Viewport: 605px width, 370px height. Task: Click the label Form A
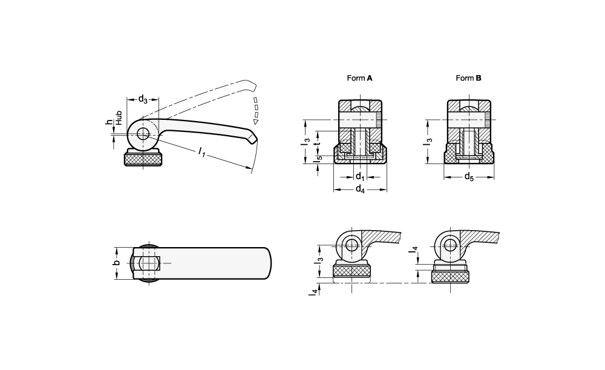(x=359, y=78)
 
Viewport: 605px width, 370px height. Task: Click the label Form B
(x=468, y=78)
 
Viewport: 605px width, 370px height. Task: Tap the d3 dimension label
(x=142, y=99)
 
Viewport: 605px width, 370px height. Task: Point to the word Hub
(x=119, y=117)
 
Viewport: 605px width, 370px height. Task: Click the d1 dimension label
(x=360, y=176)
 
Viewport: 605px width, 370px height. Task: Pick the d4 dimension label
(x=360, y=190)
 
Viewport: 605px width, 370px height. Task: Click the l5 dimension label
(x=319, y=159)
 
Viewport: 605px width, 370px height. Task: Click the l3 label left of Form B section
(x=428, y=142)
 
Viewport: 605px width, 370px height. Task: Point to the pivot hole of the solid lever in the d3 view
(x=143, y=134)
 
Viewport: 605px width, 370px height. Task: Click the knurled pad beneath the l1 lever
(x=143, y=160)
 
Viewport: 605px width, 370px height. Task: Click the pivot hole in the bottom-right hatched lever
(x=450, y=245)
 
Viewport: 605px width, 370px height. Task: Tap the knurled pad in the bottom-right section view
(x=451, y=277)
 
